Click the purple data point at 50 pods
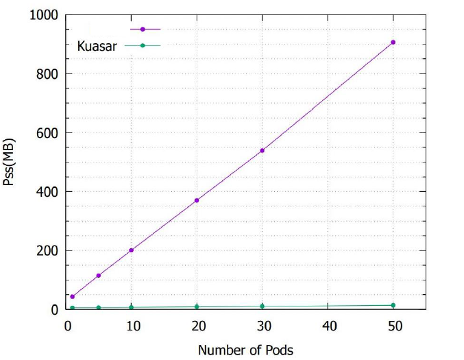[393, 43]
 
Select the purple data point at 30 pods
[262, 150]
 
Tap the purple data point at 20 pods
[197, 200]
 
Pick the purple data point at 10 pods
[131, 250]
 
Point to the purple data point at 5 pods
[99, 276]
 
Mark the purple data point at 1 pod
[72, 297]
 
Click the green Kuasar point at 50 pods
[393, 305]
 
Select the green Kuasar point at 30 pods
[262, 306]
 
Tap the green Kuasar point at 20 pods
[197, 307]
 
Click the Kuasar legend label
[97, 46]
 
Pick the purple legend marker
[143, 29]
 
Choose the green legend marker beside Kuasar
[143, 46]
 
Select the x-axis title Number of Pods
[245, 350]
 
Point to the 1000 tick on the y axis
[43, 15]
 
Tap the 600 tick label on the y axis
[47, 133]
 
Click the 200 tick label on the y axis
[47, 251]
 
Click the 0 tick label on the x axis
[66, 326]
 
